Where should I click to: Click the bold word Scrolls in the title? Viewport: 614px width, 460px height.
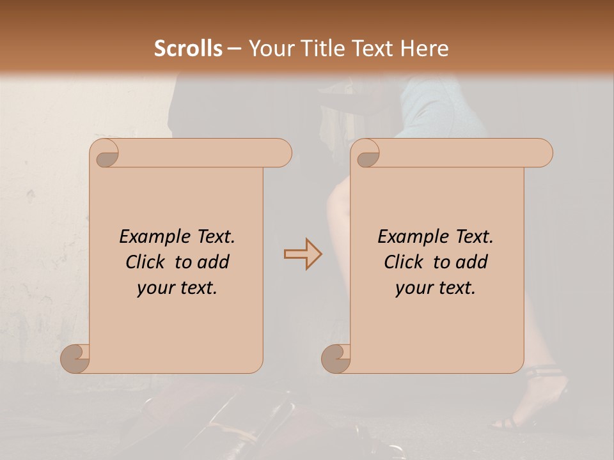point(188,49)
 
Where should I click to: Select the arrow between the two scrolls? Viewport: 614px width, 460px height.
point(303,254)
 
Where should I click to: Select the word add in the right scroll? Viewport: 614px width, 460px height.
point(473,262)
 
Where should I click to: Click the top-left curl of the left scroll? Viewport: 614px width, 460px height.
point(105,153)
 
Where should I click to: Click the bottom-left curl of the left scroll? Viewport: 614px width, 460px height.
point(75,358)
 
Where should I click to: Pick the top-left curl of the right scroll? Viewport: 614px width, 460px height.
point(366,153)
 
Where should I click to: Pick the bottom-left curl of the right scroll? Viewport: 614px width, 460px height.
point(336,358)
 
